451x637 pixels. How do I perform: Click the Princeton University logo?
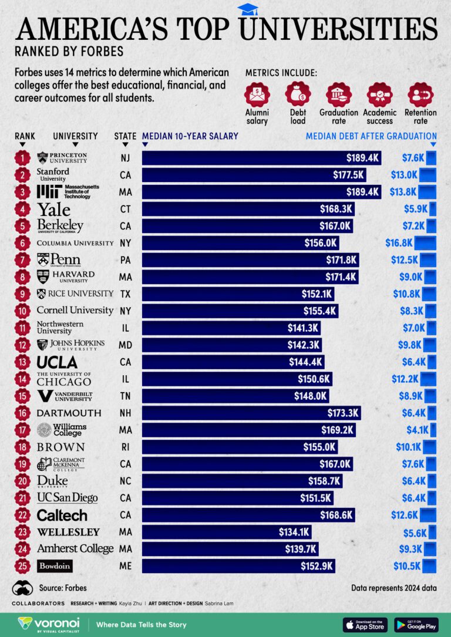coord(62,157)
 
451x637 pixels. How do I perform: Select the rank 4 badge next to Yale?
coord(22,209)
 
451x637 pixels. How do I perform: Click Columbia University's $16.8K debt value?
coord(400,243)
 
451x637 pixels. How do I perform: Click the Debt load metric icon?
coord(298,94)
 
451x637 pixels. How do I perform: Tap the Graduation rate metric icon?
coord(338,94)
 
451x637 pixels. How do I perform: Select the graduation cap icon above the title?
coord(247,9)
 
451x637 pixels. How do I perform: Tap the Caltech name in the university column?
coord(62,515)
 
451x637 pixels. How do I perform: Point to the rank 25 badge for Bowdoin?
coord(22,567)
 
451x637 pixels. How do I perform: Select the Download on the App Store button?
coord(365,624)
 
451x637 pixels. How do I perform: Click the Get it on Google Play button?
coord(416,624)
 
